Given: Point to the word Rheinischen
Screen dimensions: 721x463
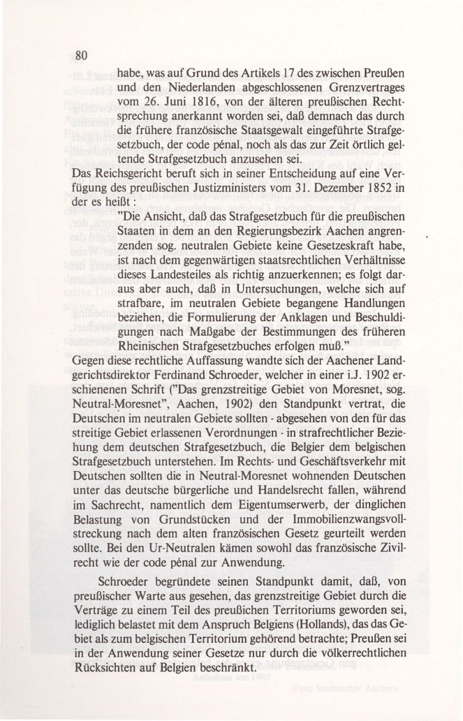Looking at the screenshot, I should pyautogui.click(x=152, y=347).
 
